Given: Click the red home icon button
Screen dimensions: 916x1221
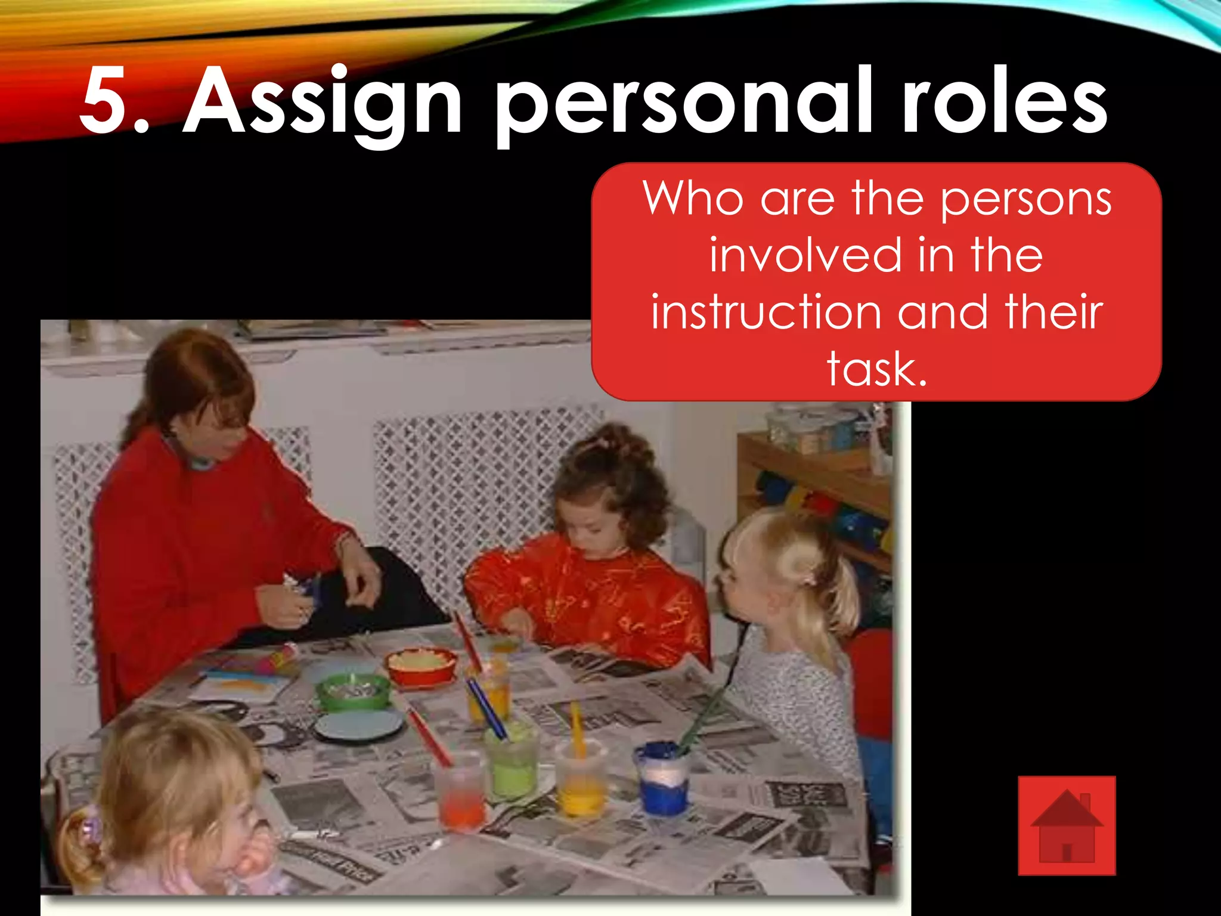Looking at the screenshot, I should pyautogui.click(x=1067, y=825).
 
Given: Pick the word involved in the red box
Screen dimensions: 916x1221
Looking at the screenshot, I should pyautogui.click(x=805, y=255).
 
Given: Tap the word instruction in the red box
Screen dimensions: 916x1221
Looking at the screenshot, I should pyautogui.click(x=767, y=312).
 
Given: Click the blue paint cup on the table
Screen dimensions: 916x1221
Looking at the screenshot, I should pyautogui.click(x=662, y=778).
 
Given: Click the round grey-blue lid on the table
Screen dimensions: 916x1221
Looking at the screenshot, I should pyautogui.click(x=358, y=725).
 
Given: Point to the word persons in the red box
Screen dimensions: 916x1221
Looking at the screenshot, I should pyautogui.click(x=1025, y=199).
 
